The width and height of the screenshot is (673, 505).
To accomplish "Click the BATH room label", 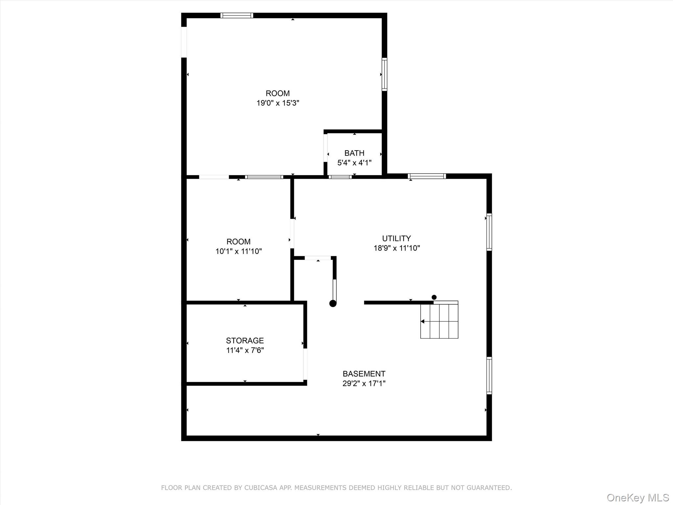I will [354, 153].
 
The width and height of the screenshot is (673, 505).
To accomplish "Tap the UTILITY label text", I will [396, 238].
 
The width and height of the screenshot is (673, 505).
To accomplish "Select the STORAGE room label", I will [245, 341].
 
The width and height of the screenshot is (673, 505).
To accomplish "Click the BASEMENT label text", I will [364, 374].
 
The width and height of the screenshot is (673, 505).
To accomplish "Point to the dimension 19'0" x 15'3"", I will [278, 103].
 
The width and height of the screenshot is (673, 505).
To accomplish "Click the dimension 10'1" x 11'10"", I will [239, 252].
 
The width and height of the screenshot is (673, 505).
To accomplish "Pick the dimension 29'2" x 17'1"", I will [364, 383].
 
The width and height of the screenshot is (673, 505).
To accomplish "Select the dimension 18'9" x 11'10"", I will [397, 248].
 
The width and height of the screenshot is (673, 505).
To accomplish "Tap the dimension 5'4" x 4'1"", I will [354, 163].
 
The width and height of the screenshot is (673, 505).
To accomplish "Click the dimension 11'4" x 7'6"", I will [245, 350].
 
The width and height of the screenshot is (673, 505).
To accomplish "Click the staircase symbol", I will [439, 320].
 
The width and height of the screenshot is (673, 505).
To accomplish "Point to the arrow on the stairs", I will [423, 322].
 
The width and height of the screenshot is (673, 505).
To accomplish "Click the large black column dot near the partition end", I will [333, 303].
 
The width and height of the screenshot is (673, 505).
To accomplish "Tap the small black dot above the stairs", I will [434, 297].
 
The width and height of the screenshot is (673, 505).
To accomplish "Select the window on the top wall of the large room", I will [237, 15].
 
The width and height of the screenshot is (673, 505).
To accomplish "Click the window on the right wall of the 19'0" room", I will [384, 74].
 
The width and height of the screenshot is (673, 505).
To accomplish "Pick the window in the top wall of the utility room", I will [427, 176].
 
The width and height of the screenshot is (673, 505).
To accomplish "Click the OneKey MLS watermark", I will [638, 497].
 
